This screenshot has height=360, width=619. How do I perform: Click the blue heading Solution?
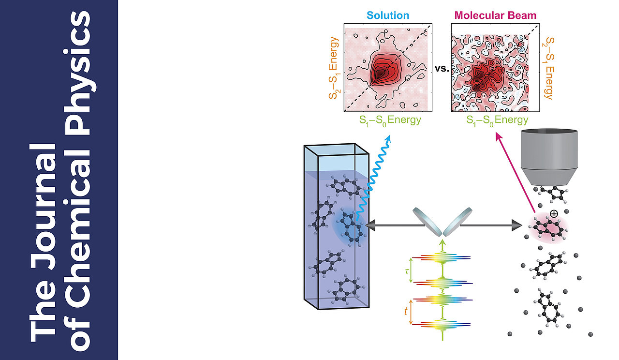tap(387, 15)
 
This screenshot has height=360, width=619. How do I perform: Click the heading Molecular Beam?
tap(495, 15)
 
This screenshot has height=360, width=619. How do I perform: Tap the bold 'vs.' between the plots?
tap(442, 69)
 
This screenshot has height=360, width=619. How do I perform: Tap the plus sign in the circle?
tap(554, 213)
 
